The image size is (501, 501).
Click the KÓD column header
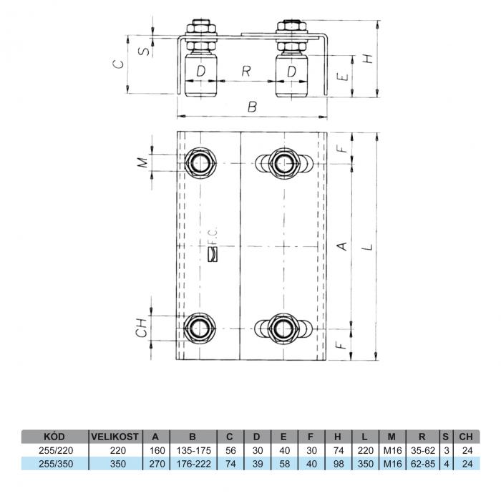54,437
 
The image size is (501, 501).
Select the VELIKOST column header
115,437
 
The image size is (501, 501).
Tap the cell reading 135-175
194,450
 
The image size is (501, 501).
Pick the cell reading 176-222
194,464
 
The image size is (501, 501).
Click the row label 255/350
56,464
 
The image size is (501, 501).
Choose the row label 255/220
56,450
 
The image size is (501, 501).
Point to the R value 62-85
423,464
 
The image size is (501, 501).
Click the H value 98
339,464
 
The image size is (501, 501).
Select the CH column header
466,437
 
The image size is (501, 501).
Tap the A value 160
157,450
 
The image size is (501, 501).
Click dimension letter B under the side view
253,107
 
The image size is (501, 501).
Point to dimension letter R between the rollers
246,72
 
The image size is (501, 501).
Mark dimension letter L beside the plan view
369,247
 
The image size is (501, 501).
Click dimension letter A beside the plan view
343,246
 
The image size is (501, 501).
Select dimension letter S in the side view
145,51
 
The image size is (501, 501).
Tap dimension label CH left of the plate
141,328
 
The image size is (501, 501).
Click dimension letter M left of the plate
143,162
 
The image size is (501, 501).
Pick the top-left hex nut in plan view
200,163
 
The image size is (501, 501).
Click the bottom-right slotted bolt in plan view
283,329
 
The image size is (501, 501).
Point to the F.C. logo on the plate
213,245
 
